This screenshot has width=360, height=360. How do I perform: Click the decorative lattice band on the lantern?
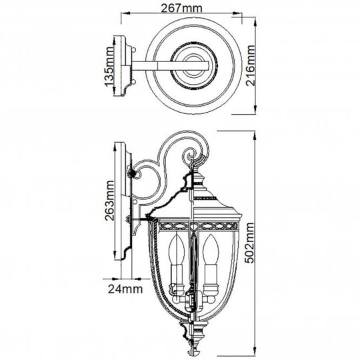[194, 226]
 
